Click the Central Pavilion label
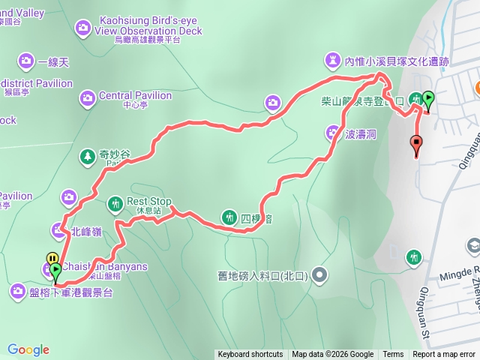point(135,96)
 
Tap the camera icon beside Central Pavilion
point(88,96)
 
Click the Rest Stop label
point(149,202)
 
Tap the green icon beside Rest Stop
point(115,202)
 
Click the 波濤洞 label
point(360,133)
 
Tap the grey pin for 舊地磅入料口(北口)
point(320,275)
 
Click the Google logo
point(28,349)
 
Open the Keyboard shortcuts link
point(250,355)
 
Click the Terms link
point(393,355)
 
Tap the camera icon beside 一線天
point(26,60)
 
